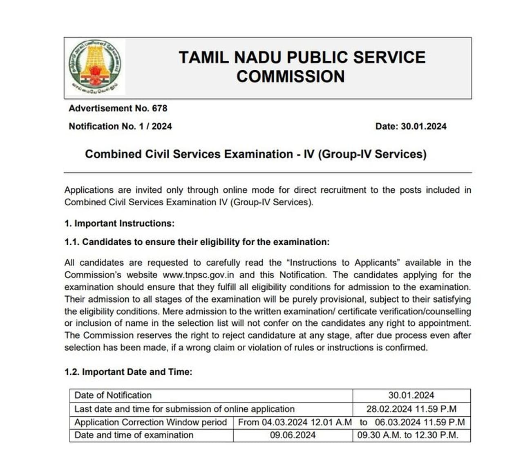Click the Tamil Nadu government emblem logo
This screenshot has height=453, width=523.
(95, 67)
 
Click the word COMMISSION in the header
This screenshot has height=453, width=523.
(291, 76)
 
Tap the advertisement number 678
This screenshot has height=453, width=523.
(159, 108)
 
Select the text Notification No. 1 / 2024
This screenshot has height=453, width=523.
(120, 126)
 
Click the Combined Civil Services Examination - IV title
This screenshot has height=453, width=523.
(255, 154)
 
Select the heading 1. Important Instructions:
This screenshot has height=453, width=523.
(119, 223)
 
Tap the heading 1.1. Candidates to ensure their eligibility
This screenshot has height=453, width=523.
(197, 242)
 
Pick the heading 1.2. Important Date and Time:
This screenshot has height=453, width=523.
(128, 372)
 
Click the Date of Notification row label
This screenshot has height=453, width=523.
(113, 395)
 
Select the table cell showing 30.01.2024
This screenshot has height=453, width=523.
(411, 395)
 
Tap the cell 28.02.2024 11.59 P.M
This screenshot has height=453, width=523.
(411, 409)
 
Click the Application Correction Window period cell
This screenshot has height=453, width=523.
(150, 422)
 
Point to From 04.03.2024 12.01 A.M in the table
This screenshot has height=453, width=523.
(295, 422)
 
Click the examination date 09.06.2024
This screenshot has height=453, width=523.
(293, 435)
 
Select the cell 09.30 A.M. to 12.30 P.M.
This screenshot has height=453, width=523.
(408, 435)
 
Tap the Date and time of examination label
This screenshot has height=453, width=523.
(134, 435)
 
